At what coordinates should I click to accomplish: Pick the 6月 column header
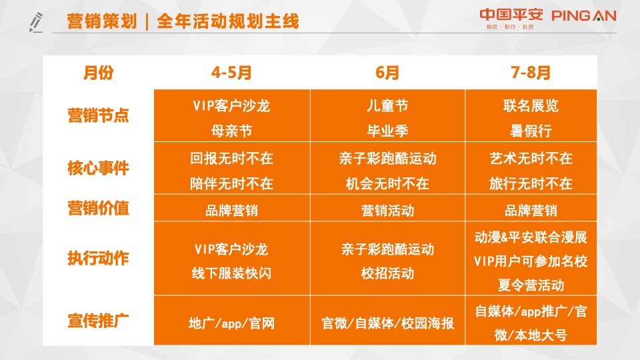coord(387,73)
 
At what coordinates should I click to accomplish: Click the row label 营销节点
coord(98,115)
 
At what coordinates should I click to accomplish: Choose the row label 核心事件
coord(98,168)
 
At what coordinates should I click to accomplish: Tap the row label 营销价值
coord(98,209)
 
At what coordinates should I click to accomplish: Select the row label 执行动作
coord(98,258)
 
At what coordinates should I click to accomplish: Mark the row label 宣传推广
coord(98,321)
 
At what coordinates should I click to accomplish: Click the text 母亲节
coord(231,129)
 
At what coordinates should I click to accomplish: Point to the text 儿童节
coord(387,105)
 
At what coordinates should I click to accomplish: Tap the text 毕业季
coord(387,129)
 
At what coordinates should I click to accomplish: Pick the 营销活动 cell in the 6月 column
coord(387,211)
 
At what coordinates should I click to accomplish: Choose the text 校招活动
coord(387,273)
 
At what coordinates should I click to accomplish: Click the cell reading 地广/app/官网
coord(231,324)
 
